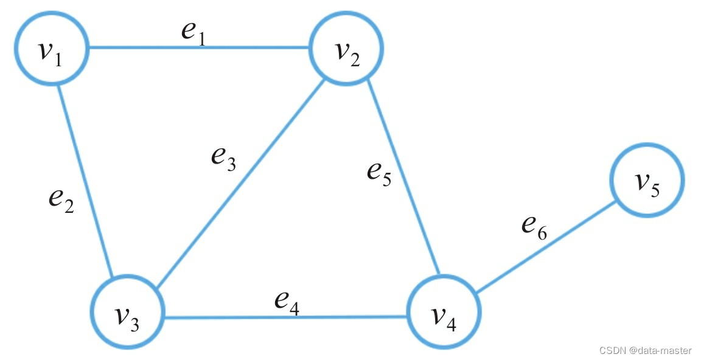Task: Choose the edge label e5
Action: point(378,172)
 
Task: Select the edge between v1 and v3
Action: point(85,182)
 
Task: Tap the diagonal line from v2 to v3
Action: point(237,185)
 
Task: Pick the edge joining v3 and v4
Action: point(286,317)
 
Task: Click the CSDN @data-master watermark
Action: point(645,350)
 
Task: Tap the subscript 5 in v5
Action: point(655,190)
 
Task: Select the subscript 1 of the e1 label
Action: point(203,37)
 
